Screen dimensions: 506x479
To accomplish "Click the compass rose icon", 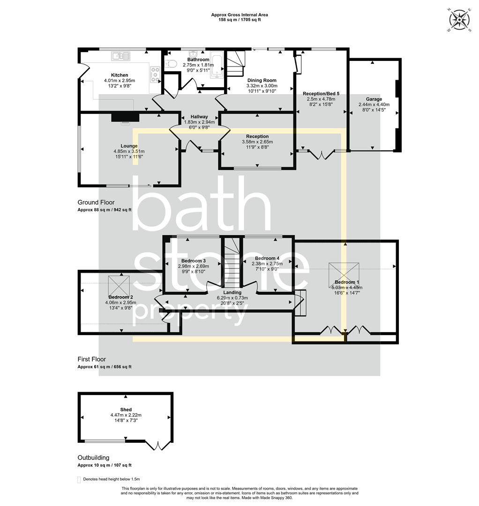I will (459, 20).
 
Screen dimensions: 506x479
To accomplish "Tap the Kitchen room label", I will (120, 75).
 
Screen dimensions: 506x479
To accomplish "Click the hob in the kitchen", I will (155, 74).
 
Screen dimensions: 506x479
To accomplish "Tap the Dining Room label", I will (262, 80).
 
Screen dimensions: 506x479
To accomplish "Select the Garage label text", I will (374, 99).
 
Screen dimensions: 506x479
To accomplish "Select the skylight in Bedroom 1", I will (344, 272).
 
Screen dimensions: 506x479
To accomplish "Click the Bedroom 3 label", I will (193, 260).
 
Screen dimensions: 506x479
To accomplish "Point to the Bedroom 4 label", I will (267, 258).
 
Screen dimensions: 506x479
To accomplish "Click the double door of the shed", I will (157, 445).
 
